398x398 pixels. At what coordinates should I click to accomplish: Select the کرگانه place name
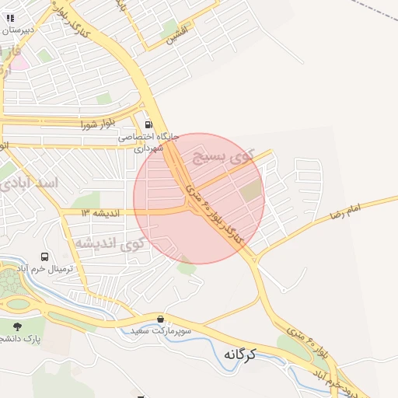click(240, 354)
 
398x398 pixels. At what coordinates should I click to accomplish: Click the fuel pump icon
click(148, 123)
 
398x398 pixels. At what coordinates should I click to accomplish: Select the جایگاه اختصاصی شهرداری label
click(148, 141)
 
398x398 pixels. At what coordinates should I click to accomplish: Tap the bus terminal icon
click(44, 256)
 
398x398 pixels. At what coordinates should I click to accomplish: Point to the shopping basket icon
click(160, 319)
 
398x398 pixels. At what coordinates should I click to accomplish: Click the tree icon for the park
click(17, 326)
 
